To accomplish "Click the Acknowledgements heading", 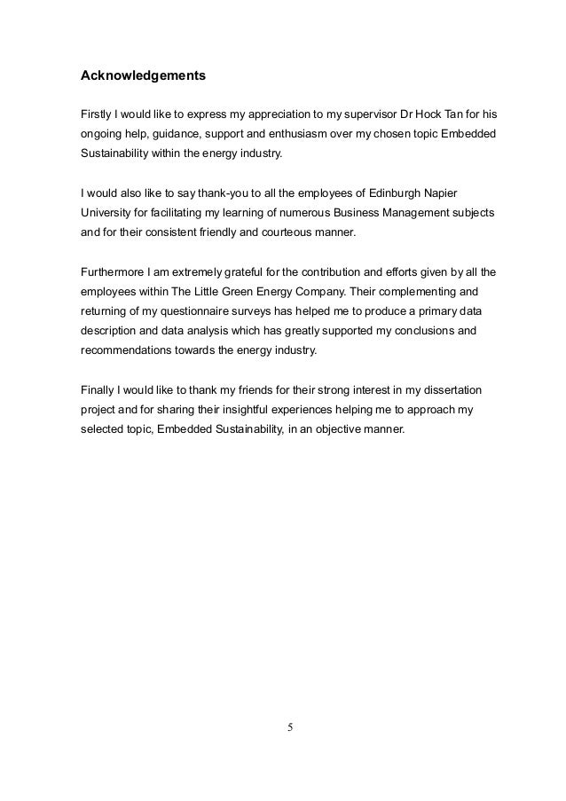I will [143, 75].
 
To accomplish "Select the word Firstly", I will [98, 114].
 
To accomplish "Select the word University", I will [107, 213].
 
